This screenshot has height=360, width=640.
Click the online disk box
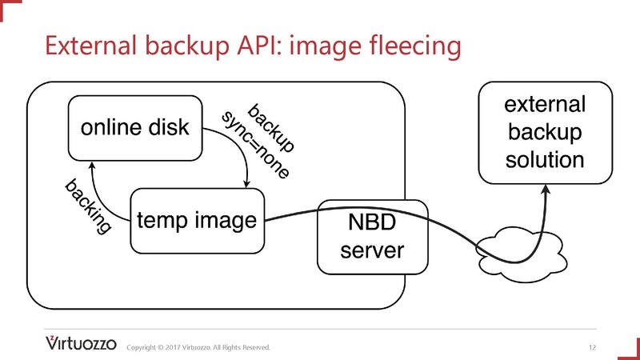pos(134,127)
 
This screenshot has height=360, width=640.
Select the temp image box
pos(197,218)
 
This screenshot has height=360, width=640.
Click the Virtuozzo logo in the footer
pos(81,344)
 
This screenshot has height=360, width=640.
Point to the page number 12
pos(592,347)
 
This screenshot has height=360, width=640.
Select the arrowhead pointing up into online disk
pos(92,164)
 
